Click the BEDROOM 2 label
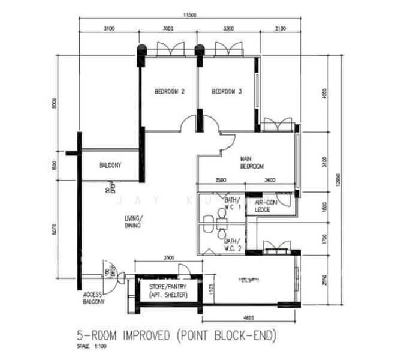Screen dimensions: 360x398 click(x=169, y=92)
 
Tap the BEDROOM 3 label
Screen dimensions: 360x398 click(x=227, y=92)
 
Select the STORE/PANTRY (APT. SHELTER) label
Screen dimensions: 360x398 click(x=168, y=291)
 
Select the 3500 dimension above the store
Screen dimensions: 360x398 click(x=168, y=257)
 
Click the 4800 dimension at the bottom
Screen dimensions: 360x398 click(x=249, y=316)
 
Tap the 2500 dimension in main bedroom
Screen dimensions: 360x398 click(x=221, y=180)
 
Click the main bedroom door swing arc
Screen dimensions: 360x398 click(x=227, y=142)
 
